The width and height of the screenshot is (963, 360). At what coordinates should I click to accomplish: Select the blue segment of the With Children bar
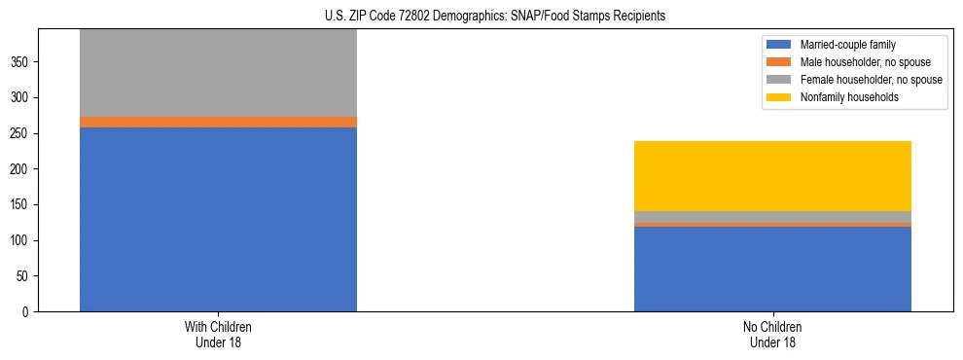[x=218, y=219]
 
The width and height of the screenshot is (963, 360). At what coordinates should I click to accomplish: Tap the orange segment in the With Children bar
[x=218, y=122]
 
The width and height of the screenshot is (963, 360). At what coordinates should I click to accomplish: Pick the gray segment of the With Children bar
[x=218, y=73]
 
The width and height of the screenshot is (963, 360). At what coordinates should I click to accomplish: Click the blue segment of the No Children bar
[x=772, y=269]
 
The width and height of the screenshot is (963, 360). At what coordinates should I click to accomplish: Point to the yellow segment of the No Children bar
[x=772, y=176]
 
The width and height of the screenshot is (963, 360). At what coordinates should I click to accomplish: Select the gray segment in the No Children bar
[x=772, y=216]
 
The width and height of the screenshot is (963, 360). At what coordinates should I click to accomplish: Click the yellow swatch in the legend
[x=780, y=97]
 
